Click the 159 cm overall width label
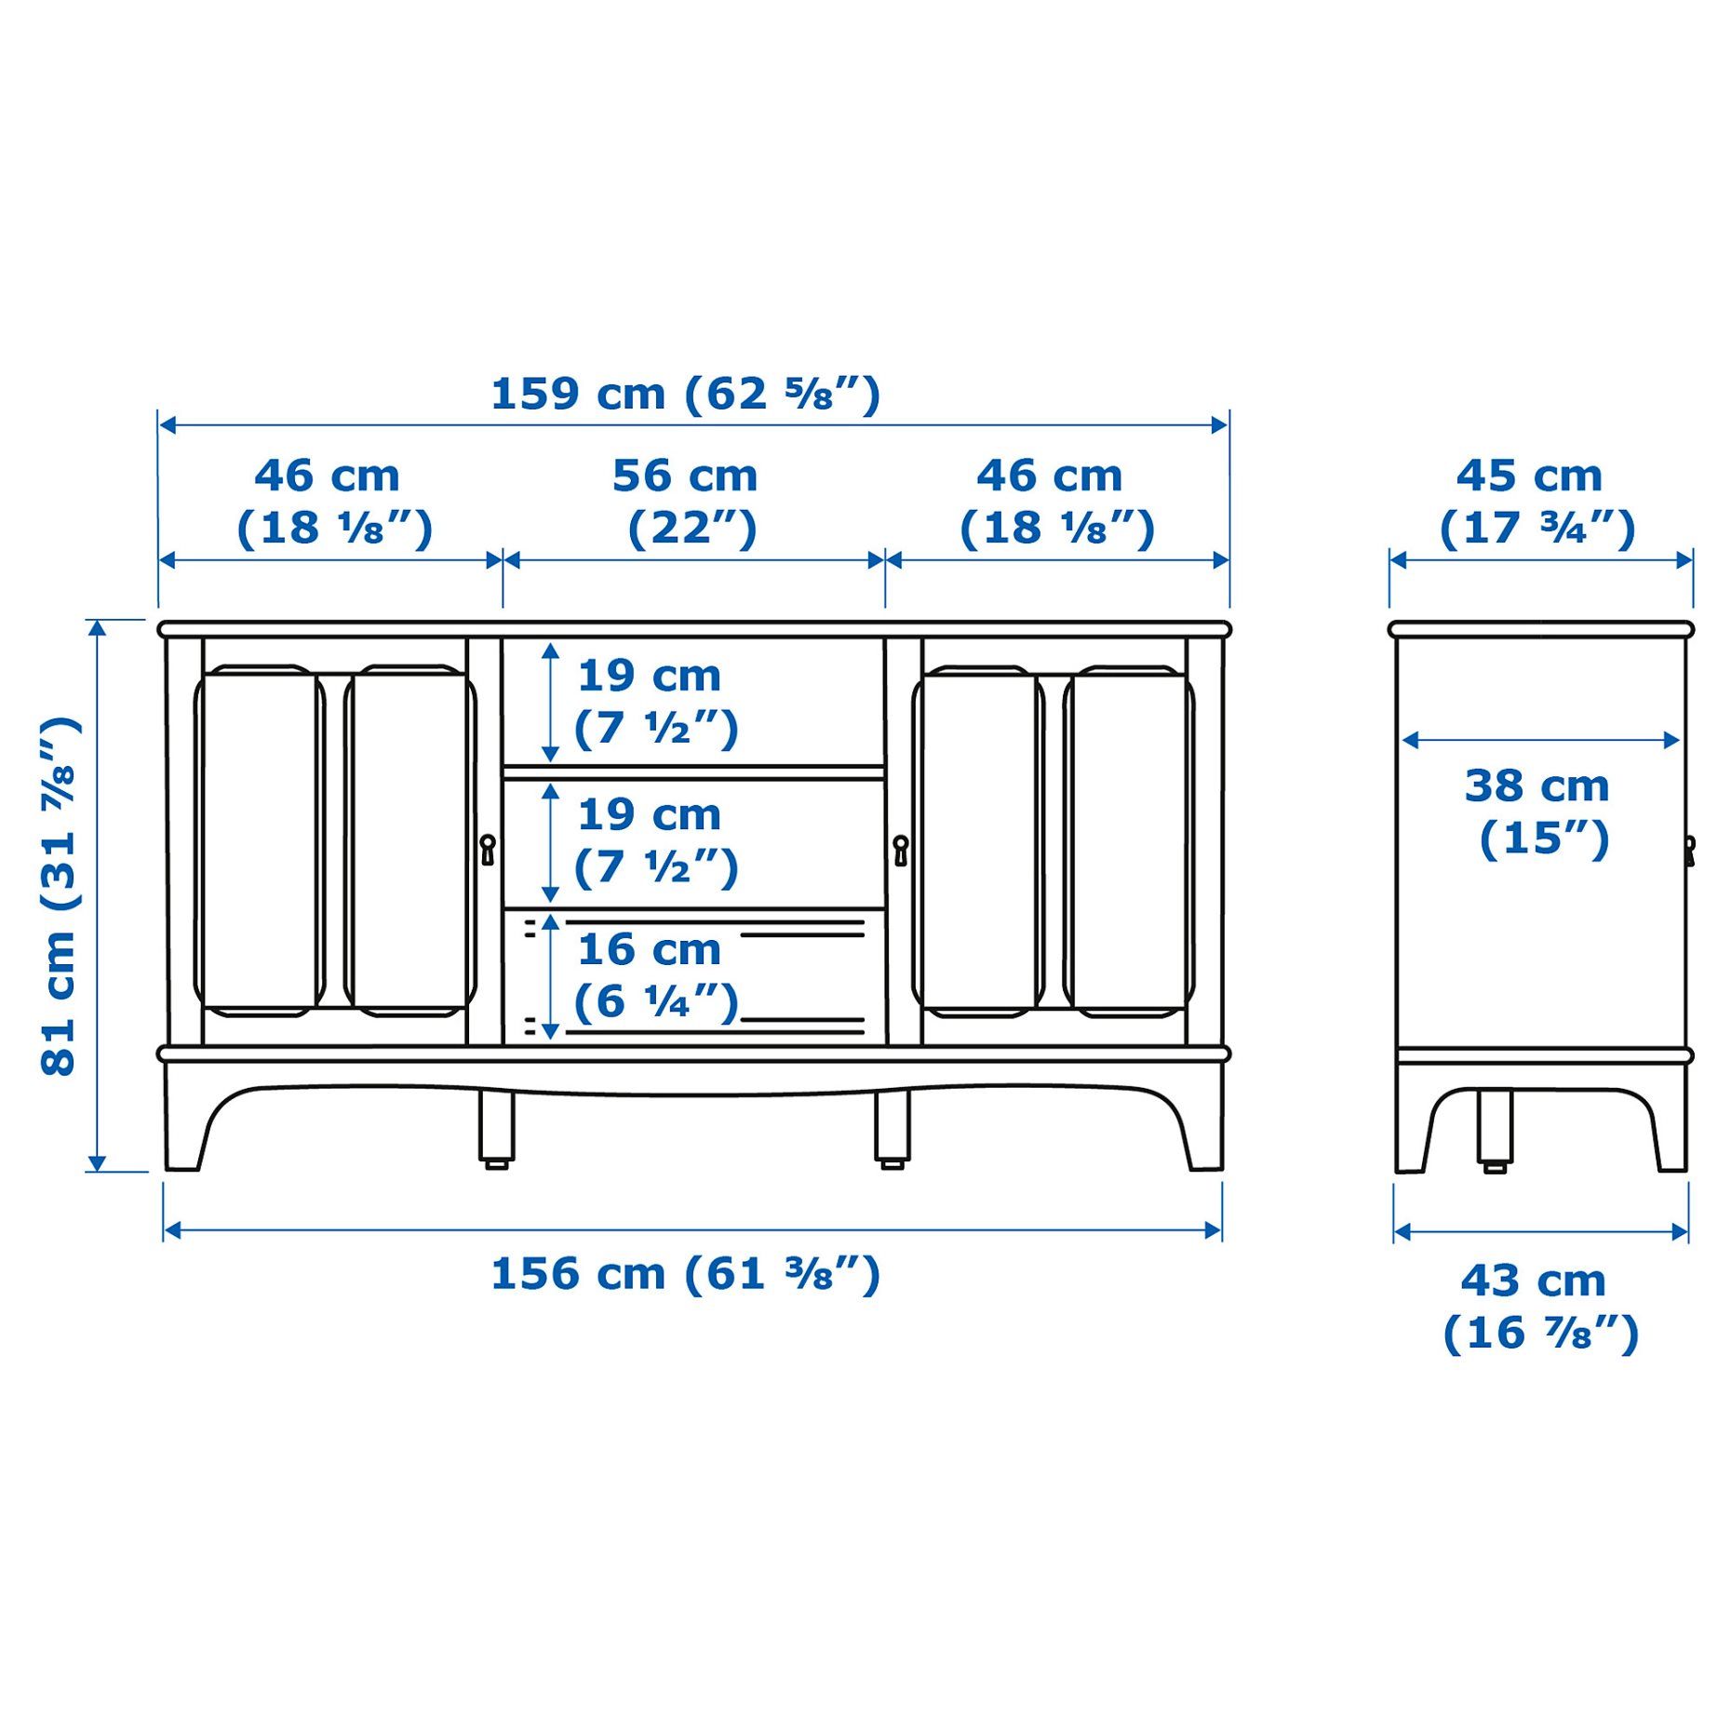coord(685,395)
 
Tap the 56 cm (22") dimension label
coord(686,503)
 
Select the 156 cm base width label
coord(685,1274)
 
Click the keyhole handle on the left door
coord(487,849)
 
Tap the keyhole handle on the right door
coord(900,850)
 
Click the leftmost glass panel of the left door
coord(260,840)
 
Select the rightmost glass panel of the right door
coord(1128,841)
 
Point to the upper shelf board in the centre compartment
coord(693,772)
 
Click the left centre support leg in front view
coord(496,1126)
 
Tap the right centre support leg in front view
coord(892,1126)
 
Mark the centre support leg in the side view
coord(1495,1128)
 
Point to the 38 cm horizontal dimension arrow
coord(1540,740)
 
